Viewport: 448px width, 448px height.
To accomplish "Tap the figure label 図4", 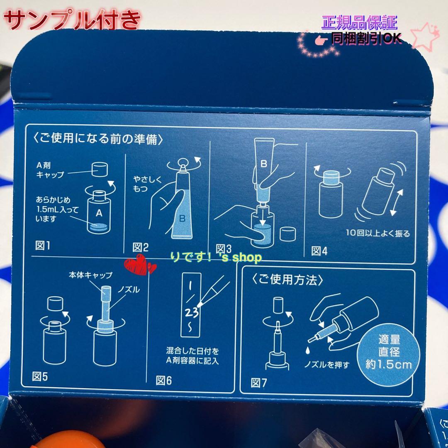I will tap(319, 251).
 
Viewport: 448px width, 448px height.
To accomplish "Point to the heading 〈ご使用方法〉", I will tap(287, 280).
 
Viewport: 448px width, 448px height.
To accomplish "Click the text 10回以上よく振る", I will tap(378, 234).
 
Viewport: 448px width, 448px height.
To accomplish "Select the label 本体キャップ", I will tap(90, 275).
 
